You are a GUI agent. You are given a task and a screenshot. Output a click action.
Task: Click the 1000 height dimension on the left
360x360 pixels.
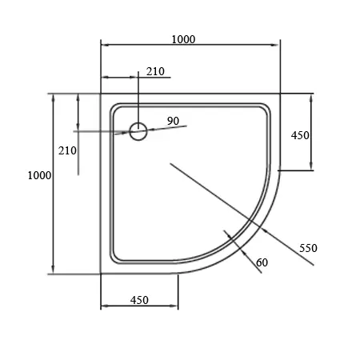tap(39, 175)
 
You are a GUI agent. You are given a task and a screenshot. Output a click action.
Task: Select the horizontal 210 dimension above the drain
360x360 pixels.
tap(155, 71)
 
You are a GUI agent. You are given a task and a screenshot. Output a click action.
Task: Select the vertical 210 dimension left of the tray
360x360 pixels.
tap(67, 150)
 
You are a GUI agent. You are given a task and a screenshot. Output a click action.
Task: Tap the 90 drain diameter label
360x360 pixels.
tap(174, 121)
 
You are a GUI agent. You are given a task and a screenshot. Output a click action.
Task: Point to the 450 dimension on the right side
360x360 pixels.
tap(300, 135)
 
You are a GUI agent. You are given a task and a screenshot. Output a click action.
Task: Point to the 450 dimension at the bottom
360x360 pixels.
tap(139, 300)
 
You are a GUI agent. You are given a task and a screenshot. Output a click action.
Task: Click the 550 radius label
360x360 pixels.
tap(309, 248)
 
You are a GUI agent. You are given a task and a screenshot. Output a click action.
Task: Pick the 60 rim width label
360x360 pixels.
tap(261, 262)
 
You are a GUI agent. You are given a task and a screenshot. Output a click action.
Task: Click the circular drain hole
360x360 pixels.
tap(138, 131)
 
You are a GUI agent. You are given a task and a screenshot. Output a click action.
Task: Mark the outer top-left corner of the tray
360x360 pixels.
tap(101, 94)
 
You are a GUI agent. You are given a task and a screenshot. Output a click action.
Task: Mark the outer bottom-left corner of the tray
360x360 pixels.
tap(101, 273)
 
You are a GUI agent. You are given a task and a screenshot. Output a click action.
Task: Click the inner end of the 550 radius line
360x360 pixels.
tap(170, 164)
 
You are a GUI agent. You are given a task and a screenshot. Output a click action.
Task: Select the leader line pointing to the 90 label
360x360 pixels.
tap(164, 128)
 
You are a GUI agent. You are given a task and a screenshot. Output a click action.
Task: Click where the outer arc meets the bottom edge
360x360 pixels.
tap(178, 273)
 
